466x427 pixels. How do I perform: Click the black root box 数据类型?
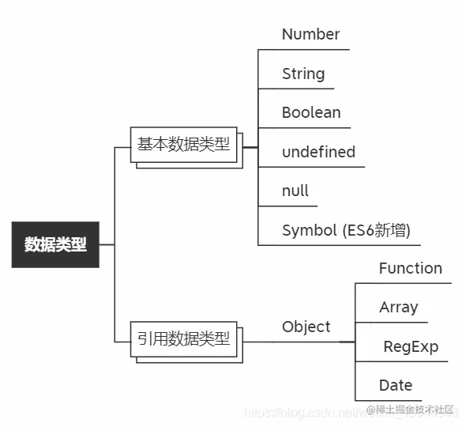tap(55, 244)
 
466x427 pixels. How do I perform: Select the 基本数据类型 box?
tap(183, 144)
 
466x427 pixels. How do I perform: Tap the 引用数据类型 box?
tap(183, 339)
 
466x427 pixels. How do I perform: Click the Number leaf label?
tap(310, 34)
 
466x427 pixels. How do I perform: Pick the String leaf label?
tap(303, 74)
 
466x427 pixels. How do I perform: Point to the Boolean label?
tap(311, 112)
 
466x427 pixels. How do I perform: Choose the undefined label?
tap(318, 152)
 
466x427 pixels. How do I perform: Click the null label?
tap(295, 191)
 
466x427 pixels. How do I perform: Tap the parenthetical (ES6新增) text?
tap(377, 230)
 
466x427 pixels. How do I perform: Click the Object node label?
tap(306, 327)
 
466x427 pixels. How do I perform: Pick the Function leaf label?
tap(410, 268)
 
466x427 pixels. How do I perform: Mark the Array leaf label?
tap(398, 307)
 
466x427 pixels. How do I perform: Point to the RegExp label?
tap(410, 346)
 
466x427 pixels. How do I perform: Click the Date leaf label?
tap(396, 385)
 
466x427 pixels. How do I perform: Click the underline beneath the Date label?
tap(395, 400)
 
